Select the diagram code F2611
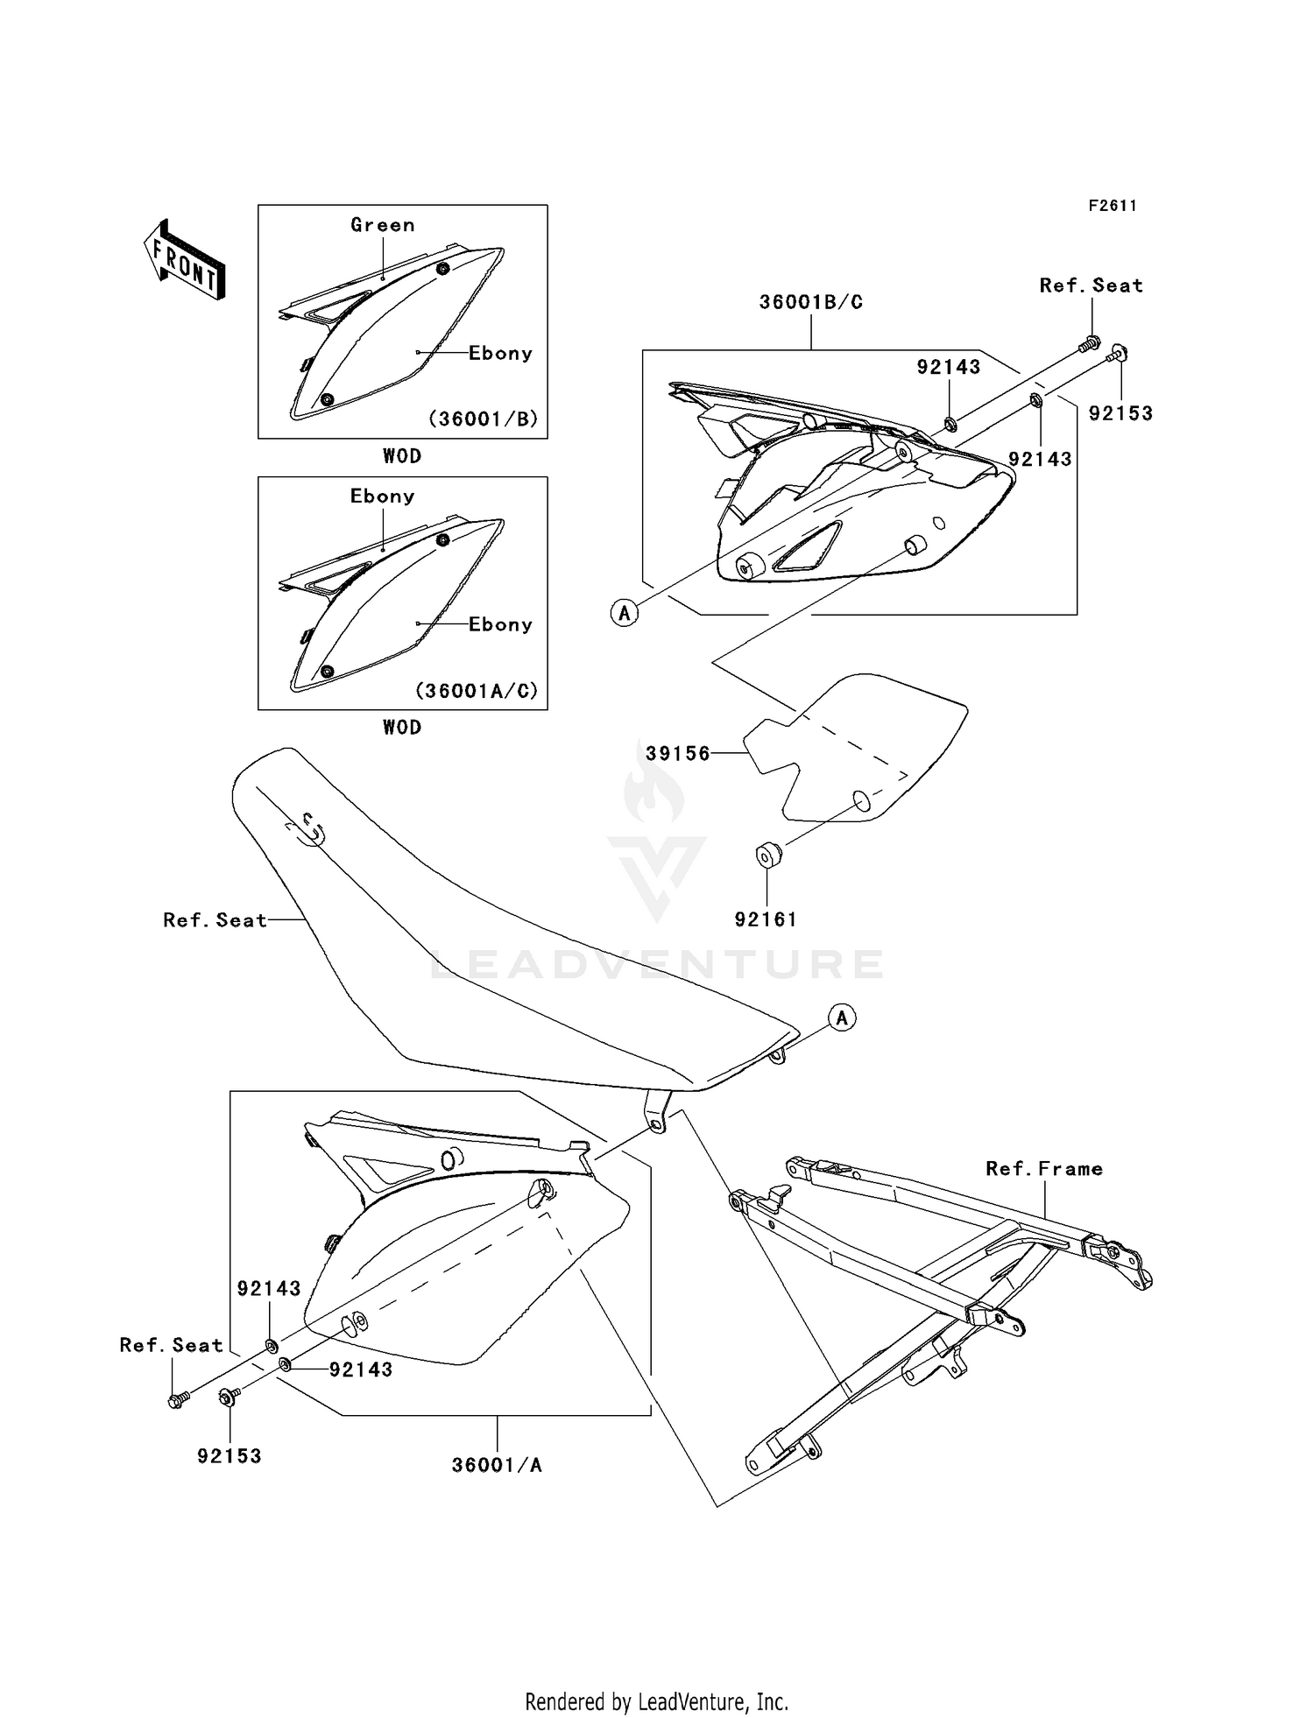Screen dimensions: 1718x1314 (1113, 206)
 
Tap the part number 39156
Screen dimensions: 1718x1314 (677, 753)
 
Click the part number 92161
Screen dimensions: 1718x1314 (766, 919)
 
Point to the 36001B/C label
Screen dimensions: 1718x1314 (810, 302)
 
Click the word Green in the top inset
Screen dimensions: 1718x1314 (382, 225)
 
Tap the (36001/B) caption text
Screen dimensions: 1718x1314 (483, 419)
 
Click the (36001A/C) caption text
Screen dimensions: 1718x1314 (477, 690)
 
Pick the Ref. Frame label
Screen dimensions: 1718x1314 (1043, 1168)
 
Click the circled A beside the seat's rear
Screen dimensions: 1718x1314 (842, 1017)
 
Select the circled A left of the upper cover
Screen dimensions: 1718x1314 (624, 613)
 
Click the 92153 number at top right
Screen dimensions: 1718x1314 (1120, 413)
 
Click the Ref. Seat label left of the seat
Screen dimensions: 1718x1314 (215, 920)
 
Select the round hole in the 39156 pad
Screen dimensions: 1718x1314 (862, 801)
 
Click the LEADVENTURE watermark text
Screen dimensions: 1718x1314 (657, 965)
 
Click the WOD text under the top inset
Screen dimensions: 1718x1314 (402, 456)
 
